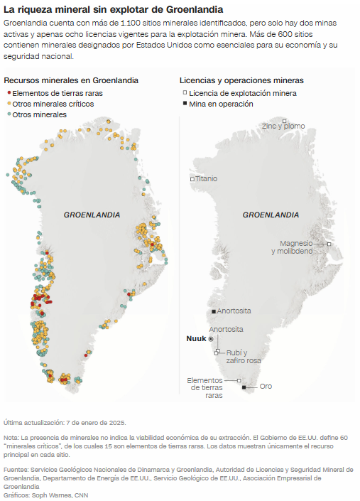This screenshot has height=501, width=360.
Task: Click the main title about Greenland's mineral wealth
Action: click(x=113, y=10)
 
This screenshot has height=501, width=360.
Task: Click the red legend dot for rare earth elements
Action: click(x=9, y=93)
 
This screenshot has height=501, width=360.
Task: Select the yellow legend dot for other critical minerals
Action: click(x=9, y=104)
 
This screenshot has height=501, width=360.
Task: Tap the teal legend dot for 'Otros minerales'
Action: click(x=9, y=114)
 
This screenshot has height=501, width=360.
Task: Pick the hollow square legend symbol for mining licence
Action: click(x=185, y=93)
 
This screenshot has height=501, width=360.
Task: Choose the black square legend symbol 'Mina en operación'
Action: click(x=185, y=104)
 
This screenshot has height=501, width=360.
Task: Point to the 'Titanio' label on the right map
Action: click(x=207, y=178)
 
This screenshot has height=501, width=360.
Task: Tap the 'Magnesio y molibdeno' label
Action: click(x=296, y=247)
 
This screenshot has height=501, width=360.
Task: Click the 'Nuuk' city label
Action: click(x=195, y=338)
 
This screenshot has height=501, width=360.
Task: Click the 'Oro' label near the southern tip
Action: click(x=266, y=387)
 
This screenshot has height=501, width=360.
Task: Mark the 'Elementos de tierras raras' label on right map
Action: click(x=205, y=388)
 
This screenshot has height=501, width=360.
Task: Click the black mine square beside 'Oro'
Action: click(x=244, y=387)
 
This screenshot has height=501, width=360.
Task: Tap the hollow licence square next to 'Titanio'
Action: click(x=192, y=179)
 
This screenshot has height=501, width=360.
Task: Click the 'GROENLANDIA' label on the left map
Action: click(x=92, y=215)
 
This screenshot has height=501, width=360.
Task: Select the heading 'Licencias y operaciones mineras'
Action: click(x=241, y=81)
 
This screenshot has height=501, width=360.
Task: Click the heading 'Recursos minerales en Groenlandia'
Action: click(x=71, y=81)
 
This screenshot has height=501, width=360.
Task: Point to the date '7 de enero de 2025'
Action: click(x=96, y=423)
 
